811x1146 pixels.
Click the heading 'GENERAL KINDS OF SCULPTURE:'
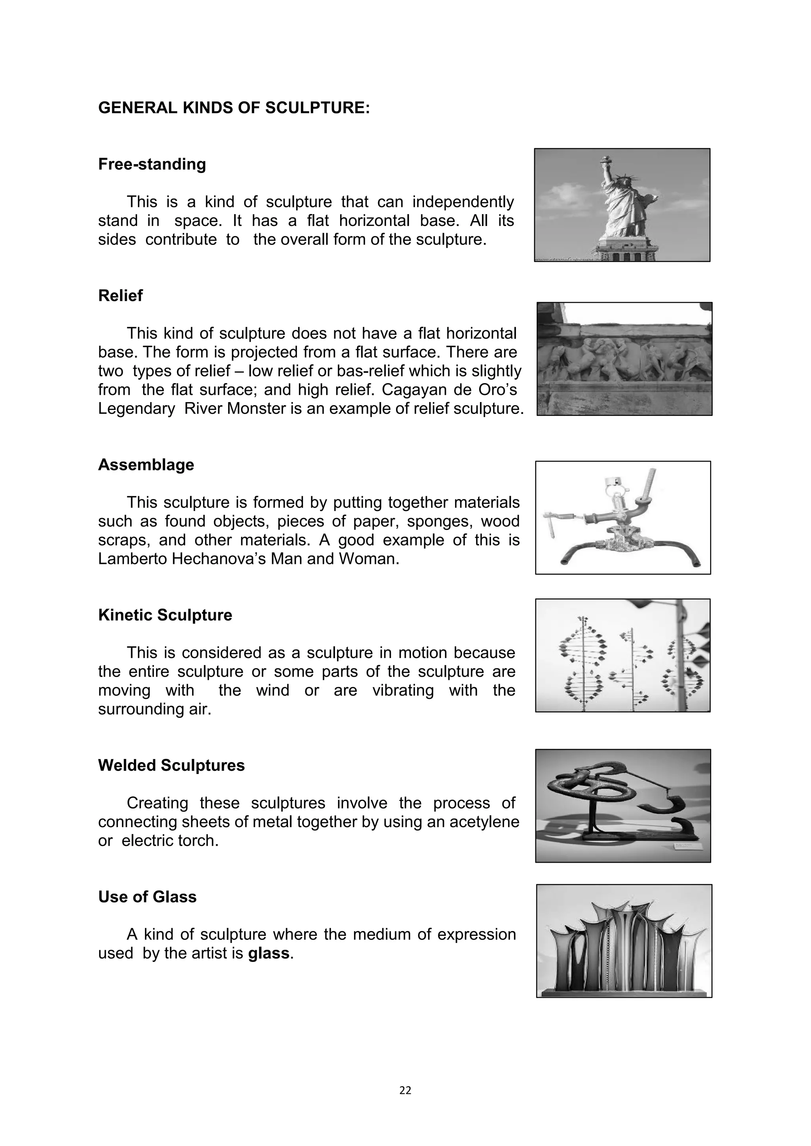234,108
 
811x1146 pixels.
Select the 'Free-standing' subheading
152,164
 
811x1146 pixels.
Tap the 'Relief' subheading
120,296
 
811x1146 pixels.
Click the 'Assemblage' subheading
146,465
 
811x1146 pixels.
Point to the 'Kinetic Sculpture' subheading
165,615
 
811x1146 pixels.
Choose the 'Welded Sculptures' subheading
171,765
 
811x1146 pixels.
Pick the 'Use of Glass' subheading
147,897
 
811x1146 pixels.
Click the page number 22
405,1091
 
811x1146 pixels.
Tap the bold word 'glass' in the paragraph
268,953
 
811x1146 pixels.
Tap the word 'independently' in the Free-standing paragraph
463,202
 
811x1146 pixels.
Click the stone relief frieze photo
624,359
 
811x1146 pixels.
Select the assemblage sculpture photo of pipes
623,518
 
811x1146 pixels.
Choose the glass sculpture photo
624,941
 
